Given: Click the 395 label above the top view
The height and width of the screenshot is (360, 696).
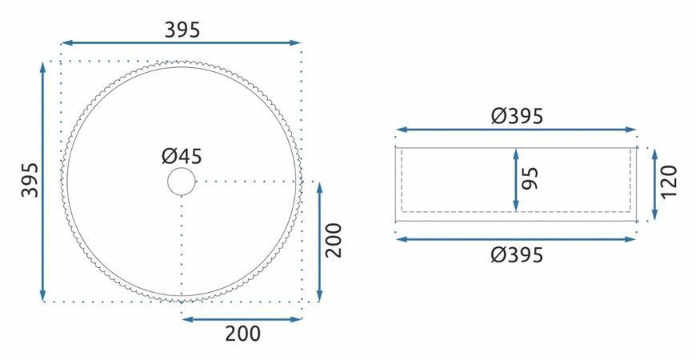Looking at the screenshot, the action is pos(182,30).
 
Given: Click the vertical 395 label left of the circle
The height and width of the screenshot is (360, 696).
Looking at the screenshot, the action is pos(30,180).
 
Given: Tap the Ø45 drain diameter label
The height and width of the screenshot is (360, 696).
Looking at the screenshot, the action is pos(182,156).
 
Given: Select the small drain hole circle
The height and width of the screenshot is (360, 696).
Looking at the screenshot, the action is pos(182,182).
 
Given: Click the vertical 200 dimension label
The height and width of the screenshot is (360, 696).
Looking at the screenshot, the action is pos(334,240).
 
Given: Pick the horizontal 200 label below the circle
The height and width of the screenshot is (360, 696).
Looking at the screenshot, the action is pos(243,334).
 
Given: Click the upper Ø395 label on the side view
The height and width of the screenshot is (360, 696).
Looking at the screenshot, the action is pos(517,116).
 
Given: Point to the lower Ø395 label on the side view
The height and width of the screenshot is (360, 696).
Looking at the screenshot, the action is pos(517,255).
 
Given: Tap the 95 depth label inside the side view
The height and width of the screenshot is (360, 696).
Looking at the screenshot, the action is pos(530,178).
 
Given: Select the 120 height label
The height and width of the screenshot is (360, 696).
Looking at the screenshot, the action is pos(669,182).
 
